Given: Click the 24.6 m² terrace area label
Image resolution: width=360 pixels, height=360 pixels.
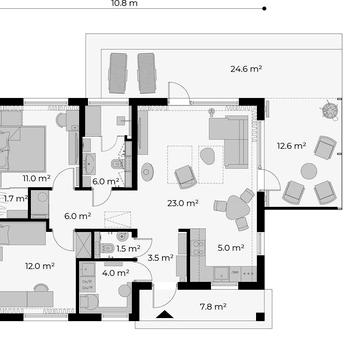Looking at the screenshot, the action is [x=246, y=69].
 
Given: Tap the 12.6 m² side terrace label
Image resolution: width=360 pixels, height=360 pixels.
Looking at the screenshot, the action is [x=292, y=146].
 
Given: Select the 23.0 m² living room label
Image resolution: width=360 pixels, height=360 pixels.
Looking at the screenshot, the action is [x=183, y=203].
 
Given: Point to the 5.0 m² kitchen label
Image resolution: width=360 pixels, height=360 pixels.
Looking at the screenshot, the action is [x=231, y=248].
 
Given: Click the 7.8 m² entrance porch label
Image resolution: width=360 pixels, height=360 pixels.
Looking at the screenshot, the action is [x=213, y=306].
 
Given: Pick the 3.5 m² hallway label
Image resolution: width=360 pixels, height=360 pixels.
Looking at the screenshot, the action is [x=160, y=257].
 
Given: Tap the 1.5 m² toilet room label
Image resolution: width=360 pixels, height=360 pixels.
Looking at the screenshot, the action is [x=128, y=248].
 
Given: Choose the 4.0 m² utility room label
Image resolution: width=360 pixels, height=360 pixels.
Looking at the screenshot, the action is [x=116, y=273].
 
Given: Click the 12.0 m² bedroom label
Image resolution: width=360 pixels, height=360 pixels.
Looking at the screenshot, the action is [x=40, y=266].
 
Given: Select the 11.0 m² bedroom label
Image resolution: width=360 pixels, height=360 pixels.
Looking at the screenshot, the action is [x=36, y=178].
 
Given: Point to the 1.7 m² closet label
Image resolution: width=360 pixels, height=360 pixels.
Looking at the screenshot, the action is [x=16, y=199].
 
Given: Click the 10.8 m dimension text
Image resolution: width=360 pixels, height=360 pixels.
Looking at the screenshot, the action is [x=124, y=4].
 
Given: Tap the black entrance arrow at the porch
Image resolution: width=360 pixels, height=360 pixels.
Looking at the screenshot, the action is [x=165, y=314].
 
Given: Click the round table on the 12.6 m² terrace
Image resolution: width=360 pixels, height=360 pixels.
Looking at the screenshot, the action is [x=309, y=171].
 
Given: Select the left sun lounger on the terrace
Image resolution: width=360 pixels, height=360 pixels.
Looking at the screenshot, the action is [x=118, y=73].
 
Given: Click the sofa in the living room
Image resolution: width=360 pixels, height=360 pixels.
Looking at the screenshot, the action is [x=229, y=142].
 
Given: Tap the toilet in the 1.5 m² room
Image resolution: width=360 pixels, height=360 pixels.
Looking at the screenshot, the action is [x=107, y=248].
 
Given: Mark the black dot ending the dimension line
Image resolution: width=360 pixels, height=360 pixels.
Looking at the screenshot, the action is [x=264, y=8].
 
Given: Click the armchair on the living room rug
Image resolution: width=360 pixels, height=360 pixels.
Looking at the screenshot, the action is [x=186, y=177].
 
